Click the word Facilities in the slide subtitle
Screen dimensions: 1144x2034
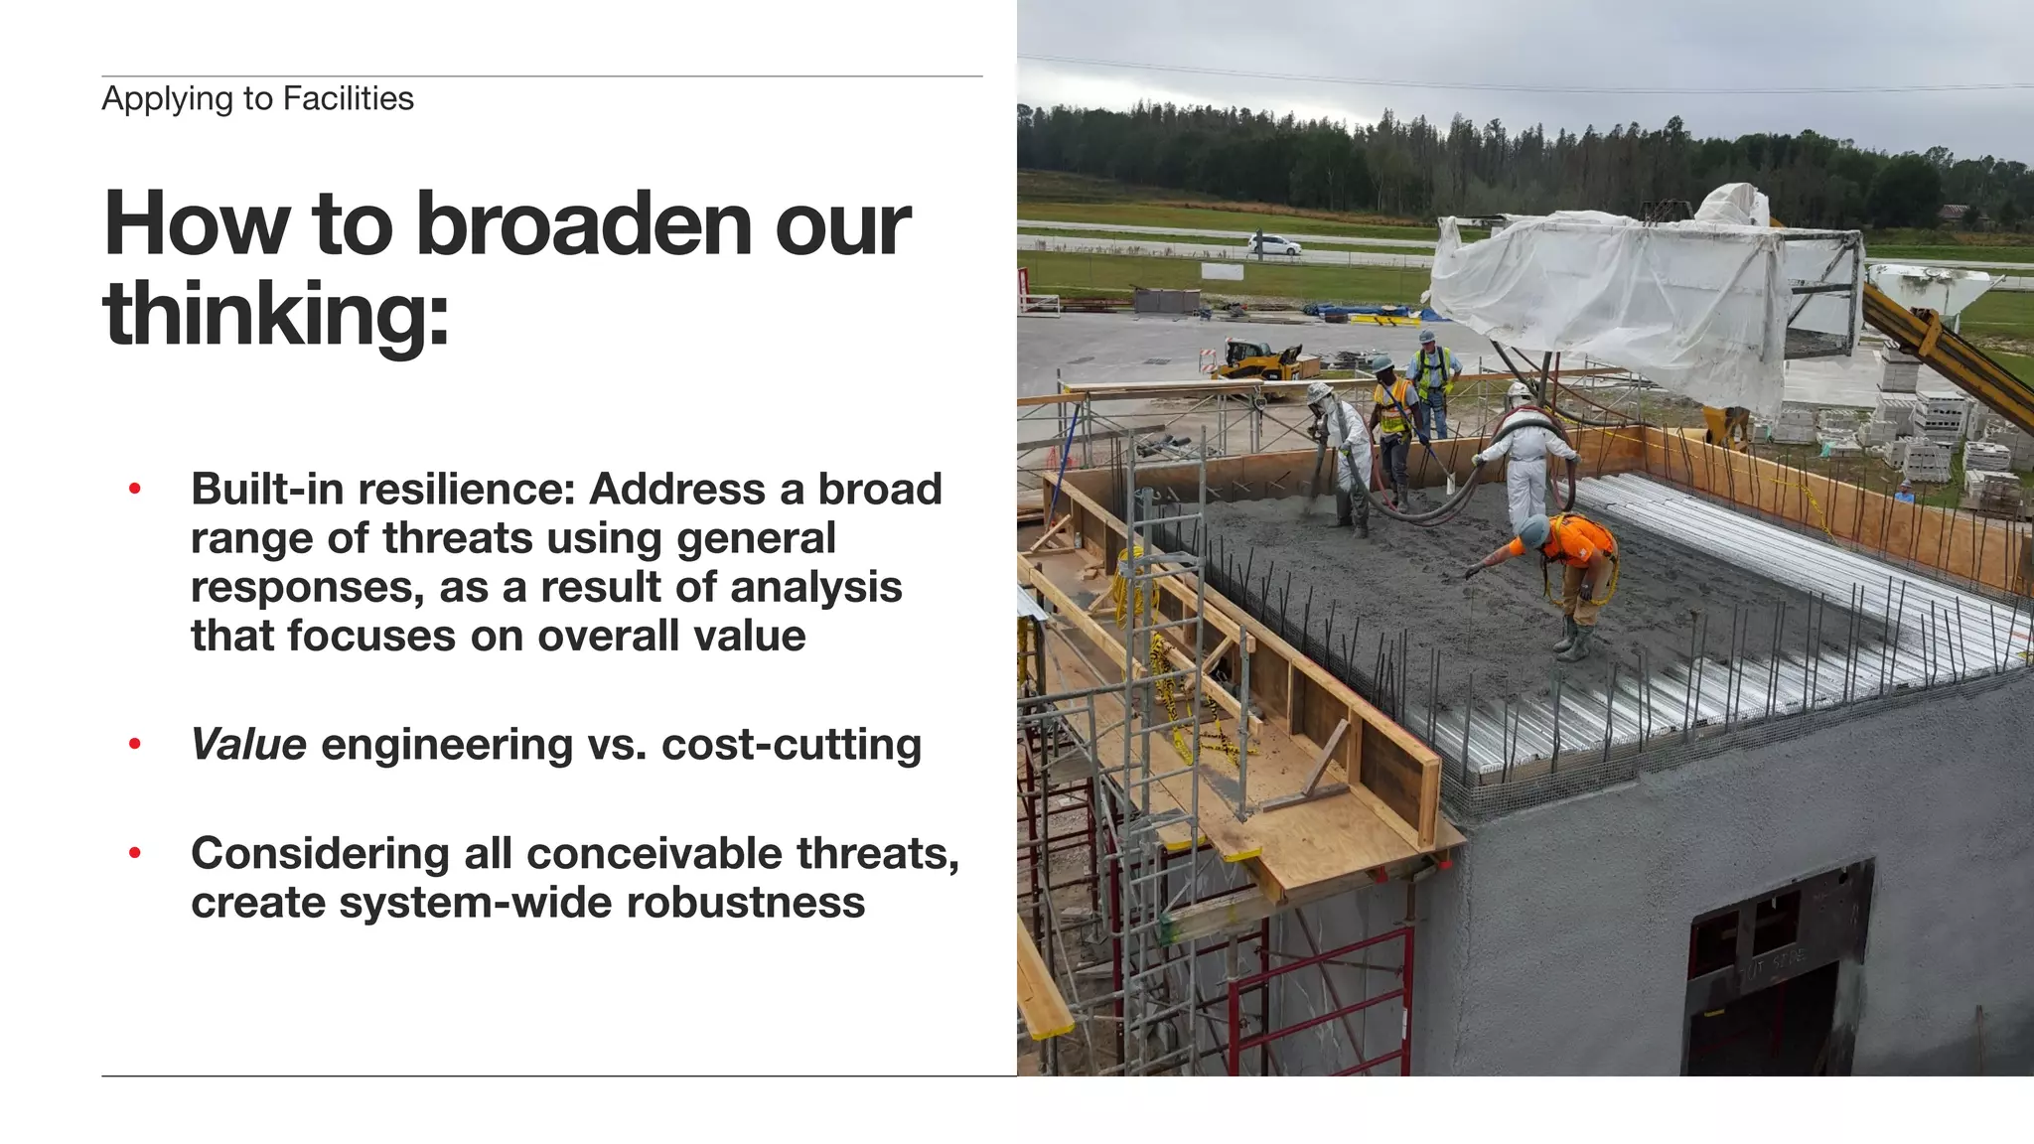(x=348, y=98)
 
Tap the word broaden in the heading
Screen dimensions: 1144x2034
(x=585, y=224)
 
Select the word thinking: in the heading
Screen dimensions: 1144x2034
(x=276, y=314)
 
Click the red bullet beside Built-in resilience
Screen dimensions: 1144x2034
(x=135, y=489)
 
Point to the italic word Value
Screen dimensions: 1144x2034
(x=248, y=745)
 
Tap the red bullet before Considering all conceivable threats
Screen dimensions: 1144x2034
(x=135, y=853)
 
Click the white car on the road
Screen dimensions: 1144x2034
(x=1273, y=244)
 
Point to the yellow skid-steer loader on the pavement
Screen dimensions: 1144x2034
(x=1256, y=359)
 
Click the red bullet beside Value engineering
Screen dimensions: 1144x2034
(x=135, y=745)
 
